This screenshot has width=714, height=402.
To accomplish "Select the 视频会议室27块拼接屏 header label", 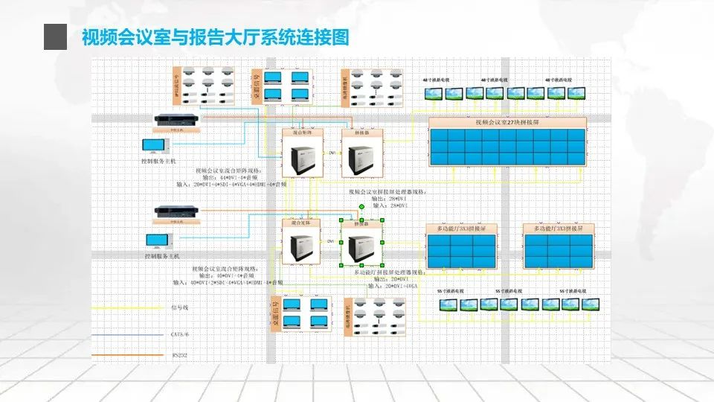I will [x=507, y=123].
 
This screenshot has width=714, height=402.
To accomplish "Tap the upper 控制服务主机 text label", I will [x=158, y=161].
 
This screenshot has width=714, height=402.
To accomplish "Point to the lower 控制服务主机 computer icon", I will [x=158, y=241].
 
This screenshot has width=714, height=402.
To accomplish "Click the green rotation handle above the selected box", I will [x=361, y=207].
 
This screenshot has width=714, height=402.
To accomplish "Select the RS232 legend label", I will [x=180, y=355].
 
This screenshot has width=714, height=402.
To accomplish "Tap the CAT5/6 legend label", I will [x=182, y=334].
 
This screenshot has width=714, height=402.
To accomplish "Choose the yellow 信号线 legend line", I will [x=126, y=307].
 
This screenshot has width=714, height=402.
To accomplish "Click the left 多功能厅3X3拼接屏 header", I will [x=461, y=229].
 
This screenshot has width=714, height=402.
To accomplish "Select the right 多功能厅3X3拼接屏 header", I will [x=558, y=229].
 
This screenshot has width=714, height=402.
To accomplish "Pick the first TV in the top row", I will [x=433, y=93].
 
